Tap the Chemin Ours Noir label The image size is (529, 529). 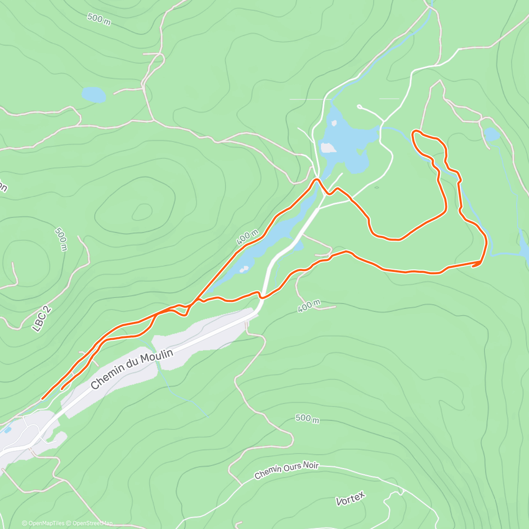[286, 470]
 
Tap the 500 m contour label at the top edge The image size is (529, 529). [99, 19]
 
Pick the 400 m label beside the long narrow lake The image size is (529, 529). [247, 237]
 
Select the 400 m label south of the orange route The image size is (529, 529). [309, 305]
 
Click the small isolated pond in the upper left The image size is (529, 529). [93, 94]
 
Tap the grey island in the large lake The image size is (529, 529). [328, 148]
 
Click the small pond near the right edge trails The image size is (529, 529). [491, 134]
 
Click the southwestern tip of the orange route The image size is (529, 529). [42, 399]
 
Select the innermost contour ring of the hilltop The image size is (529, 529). [142, 212]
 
